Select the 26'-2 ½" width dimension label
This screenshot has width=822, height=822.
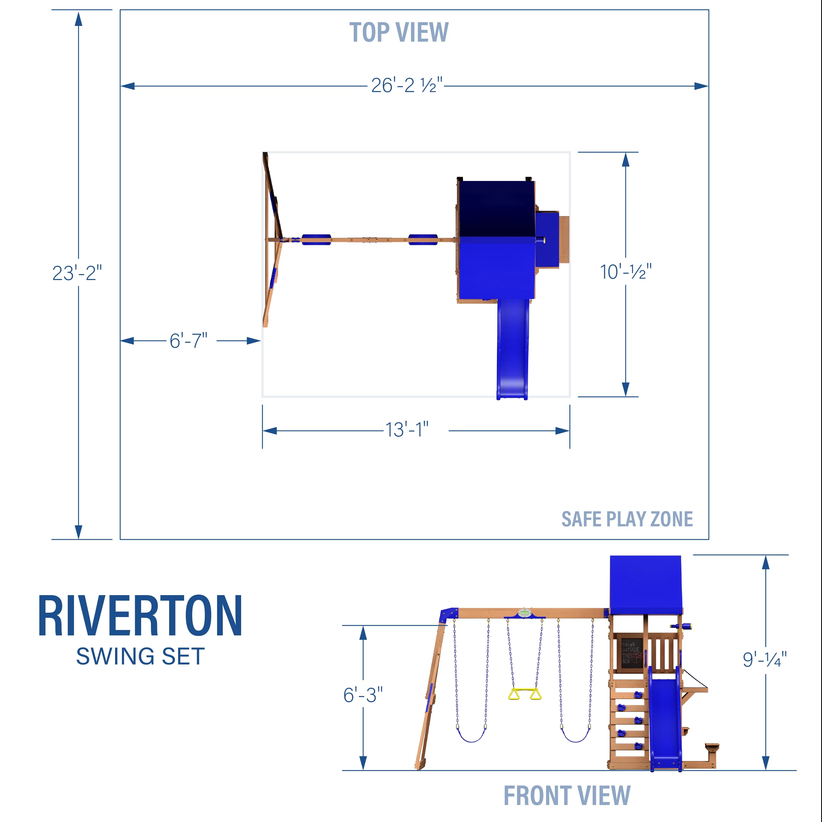(407, 85)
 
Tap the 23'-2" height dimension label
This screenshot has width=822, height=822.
(77, 273)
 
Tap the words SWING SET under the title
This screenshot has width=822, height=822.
(140, 657)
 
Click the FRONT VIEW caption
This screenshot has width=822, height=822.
(567, 796)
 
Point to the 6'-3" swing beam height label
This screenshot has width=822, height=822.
(363, 695)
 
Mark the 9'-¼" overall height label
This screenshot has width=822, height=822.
(764, 660)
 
